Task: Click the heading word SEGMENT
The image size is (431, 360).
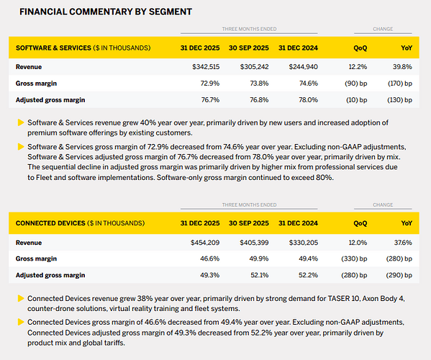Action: pyautogui.click(x=170, y=12)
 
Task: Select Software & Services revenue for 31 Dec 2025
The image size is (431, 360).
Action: pyautogui.click(x=206, y=67)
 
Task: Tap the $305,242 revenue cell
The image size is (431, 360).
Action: pyautogui.click(x=254, y=67)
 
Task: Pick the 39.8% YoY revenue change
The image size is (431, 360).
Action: pyautogui.click(x=402, y=67)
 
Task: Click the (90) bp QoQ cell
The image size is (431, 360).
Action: pyautogui.click(x=356, y=84)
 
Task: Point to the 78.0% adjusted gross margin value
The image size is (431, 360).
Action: pyautogui.click(x=309, y=100)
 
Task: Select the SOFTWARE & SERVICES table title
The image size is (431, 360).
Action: pyautogui.click(x=53, y=48)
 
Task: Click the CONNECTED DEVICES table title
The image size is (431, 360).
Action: pyautogui.click(x=50, y=223)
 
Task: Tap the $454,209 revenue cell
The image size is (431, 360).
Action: pyautogui.click(x=205, y=243)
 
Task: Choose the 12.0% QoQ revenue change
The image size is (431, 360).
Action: pyautogui.click(x=358, y=243)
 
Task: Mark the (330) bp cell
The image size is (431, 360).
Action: pyautogui.click(x=354, y=258)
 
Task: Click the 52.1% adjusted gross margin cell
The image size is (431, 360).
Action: pyautogui.click(x=260, y=275)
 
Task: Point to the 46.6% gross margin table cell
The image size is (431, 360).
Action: pyautogui.click(x=209, y=258)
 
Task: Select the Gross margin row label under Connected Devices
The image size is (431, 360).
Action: pyautogui.click(x=36, y=258)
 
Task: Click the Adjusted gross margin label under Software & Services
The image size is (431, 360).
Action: pyautogui.click(x=50, y=100)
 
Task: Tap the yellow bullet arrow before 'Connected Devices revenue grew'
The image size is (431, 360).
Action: pyautogui.click(x=21, y=298)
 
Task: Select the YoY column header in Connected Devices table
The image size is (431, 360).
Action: pyautogui.click(x=407, y=223)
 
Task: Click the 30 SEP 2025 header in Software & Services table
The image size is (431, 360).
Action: pyautogui.click(x=249, y=48)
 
